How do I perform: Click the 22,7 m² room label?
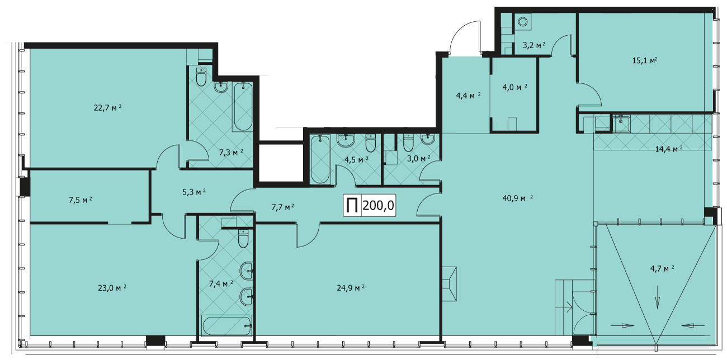tap(107, 107)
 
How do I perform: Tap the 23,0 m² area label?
tap(112, 288)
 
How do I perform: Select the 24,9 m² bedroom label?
tap(351, 288)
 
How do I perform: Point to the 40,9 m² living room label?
tap(518, 198)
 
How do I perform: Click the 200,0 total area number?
tap(378, 205)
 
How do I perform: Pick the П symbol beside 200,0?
tap(352, 206)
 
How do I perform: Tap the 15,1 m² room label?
tap(645, 60)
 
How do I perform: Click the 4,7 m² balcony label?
tap(662, 269)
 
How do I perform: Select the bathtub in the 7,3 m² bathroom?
tap(243, 106)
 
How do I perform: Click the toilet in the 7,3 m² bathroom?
tap(201, 77)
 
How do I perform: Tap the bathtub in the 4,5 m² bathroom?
tap(320, 159)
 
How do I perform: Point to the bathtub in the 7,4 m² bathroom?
tap(227, 326)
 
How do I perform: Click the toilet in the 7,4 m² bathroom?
tap(243, 238)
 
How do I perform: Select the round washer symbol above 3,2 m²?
tap(522, 22)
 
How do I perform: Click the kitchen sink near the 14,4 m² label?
tap(621, 124)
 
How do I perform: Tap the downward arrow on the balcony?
tap(658, 297)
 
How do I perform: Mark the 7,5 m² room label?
tap(80, 200)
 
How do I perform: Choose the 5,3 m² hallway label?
tap(193, 192)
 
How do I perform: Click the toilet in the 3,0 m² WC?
tap(409, 143)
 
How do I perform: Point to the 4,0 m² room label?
tap(514, 87)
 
